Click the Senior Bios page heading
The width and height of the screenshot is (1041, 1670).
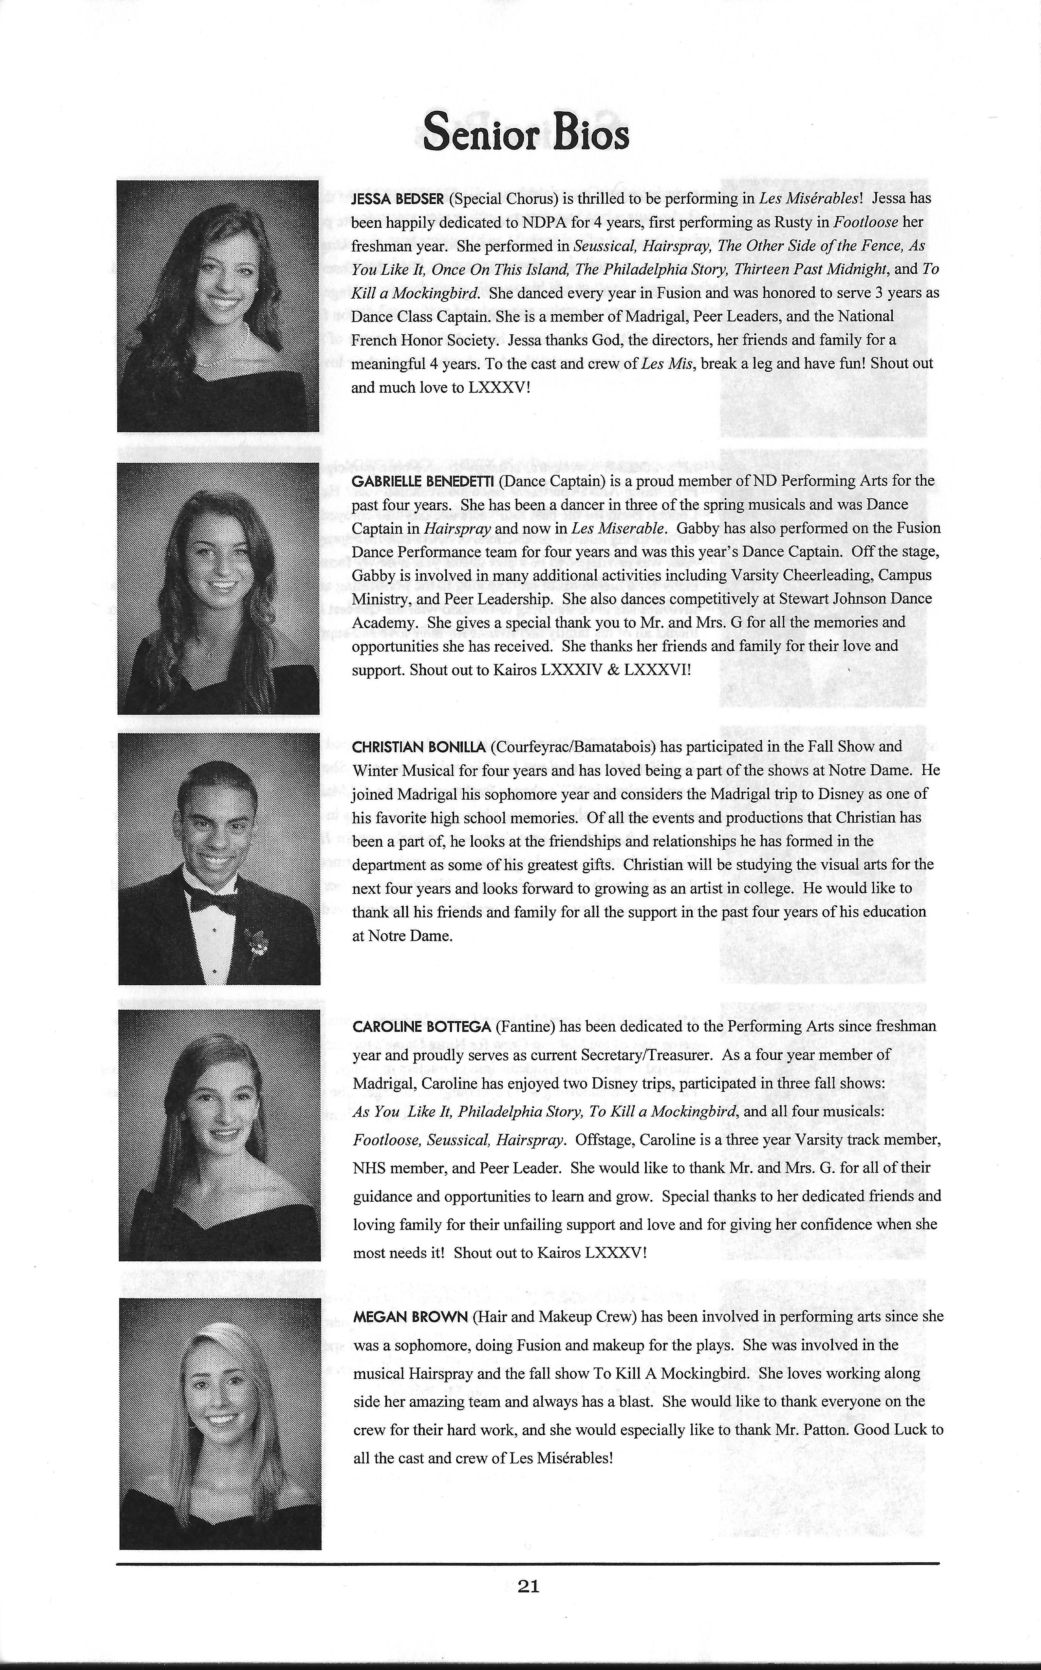pos(526,132)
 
